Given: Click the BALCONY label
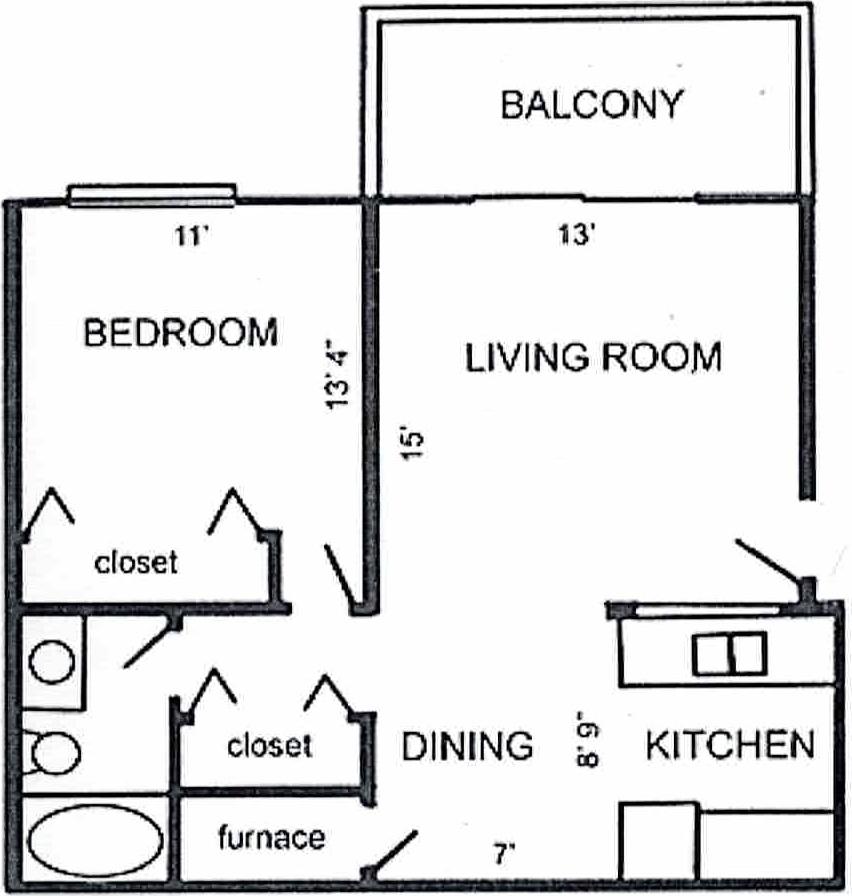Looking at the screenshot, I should click(x=591, y=104).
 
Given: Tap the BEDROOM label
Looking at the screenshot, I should click(x=181, y=331).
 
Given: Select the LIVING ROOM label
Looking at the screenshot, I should click(x=593, y=357).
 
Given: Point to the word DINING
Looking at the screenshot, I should click(x=466, y=746).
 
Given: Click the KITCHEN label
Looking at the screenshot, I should click(x=729, y=744).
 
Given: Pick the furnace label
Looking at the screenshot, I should click(x=271, y=837).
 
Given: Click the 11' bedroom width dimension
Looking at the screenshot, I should click(x=190, y=237).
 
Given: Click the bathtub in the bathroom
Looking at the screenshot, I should click(x=95, y=841).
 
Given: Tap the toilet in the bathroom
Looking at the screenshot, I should click(x=52, y=752).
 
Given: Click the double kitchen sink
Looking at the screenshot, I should click(x=730, y=653).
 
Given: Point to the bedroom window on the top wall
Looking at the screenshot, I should click(x=152, y=194).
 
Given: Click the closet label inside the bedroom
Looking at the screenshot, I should click(x=136, y=562).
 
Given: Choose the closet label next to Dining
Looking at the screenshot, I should click(x=270, y=746).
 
